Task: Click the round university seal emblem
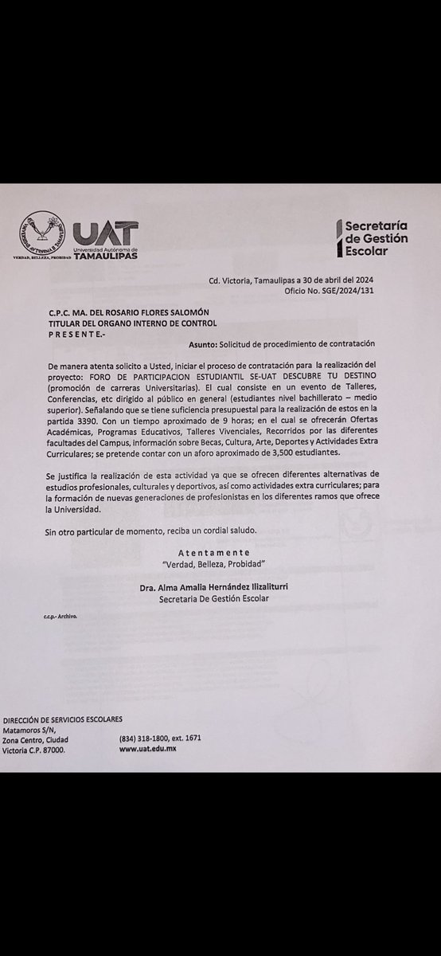click(x=41, y=232)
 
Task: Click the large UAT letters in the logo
click(x=105, y=233)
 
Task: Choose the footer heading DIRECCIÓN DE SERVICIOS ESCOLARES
click(x=63, y=719)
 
